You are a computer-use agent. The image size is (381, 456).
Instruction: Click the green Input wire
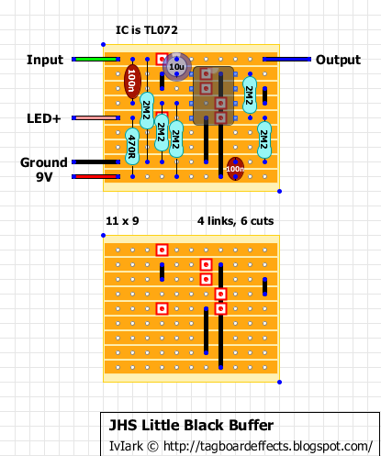[95, 59]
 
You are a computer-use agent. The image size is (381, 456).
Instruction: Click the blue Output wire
[286, 59]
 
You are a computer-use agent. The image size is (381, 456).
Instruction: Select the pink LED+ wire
[95, 117]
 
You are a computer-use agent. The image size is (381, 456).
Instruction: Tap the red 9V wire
[95, 176]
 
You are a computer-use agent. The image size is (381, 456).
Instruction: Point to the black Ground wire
[95, 161]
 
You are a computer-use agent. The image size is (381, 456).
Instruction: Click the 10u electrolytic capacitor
[176, 67]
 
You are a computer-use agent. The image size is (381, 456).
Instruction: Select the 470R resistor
[132, 147]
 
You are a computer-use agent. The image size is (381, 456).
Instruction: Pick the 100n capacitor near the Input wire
[132, 81]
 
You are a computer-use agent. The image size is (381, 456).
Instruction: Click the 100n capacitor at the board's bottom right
[235, 169]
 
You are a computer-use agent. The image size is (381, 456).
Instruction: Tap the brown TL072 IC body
[213, 95]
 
